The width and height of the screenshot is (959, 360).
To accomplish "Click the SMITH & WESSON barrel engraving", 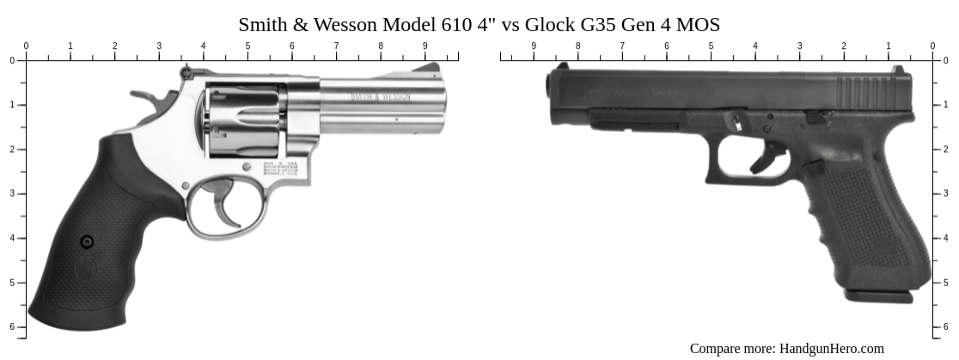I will coord(380,97).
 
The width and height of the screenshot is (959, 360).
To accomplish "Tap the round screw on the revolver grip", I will coord(87,242).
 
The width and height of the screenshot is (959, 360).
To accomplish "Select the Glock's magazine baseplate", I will coord(878,296).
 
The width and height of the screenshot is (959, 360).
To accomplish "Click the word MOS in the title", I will coord(699,25).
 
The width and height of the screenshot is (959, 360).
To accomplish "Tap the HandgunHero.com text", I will coord(831,348).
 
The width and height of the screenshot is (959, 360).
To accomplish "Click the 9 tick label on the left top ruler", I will coord(425,46).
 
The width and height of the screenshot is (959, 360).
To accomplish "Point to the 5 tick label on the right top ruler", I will coord(711,46).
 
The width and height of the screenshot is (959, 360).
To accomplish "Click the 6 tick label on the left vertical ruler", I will coord(12,326).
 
